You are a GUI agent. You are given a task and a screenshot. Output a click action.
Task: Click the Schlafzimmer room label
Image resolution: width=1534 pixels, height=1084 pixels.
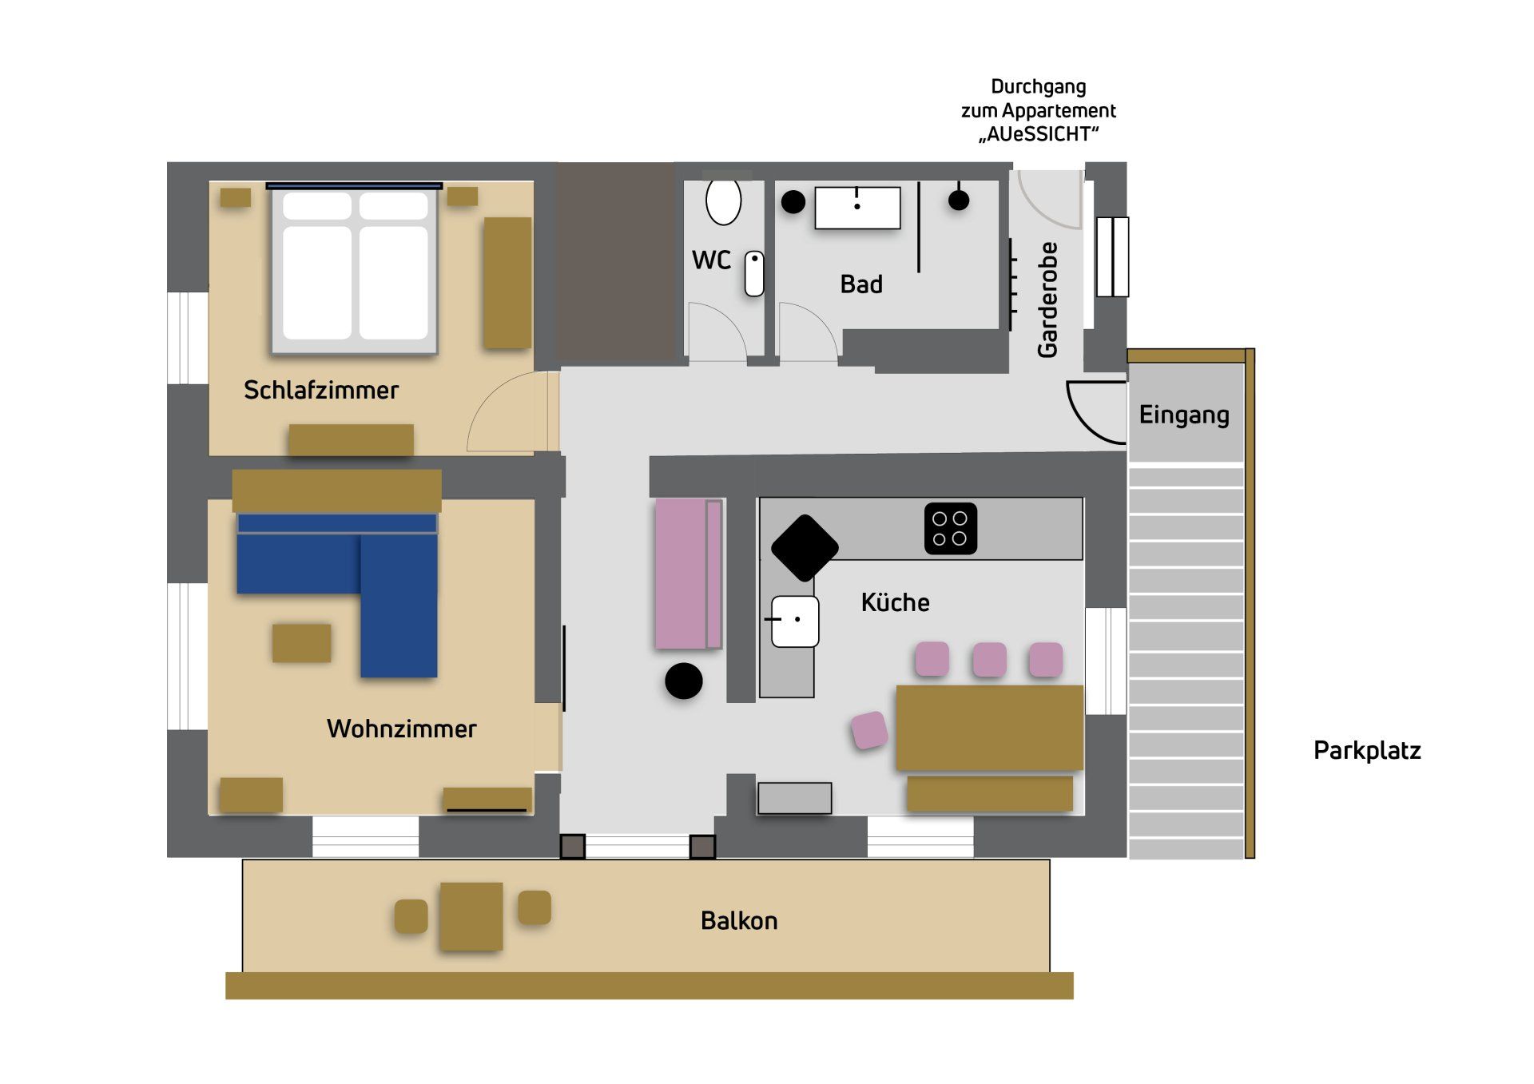[320, 390]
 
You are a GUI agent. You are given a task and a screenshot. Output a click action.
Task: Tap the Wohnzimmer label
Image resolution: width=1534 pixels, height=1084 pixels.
[401, 729]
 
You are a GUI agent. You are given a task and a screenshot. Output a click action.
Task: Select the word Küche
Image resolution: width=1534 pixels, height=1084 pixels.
[895, 602]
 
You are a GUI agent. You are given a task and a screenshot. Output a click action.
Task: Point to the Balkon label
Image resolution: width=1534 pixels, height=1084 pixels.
[739, 920]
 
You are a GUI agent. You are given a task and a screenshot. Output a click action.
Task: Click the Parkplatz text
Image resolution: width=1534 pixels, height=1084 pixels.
[1367, 751]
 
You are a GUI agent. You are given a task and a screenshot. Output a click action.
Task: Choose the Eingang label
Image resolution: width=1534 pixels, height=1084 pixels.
[1184, 415]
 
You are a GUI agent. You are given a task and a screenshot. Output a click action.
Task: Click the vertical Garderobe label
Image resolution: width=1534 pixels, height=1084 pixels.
[1047, 300]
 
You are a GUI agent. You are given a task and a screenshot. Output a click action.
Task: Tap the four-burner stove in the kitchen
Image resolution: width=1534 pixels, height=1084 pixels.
[951, 528]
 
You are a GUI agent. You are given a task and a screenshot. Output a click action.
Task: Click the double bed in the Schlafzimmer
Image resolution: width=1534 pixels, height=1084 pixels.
[355, 269]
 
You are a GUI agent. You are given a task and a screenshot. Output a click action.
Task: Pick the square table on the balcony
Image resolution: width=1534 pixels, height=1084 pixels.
[471, 915]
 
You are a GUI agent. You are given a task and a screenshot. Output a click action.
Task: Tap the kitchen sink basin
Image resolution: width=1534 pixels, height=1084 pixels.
[795, 621]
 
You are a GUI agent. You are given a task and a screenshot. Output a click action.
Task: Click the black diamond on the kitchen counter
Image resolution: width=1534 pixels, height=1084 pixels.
[805, 547]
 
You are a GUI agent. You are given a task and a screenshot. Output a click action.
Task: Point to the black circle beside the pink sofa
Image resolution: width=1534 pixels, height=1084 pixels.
[684, 681]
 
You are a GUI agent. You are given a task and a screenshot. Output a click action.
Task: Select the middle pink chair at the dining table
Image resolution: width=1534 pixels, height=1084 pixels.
[989, 659]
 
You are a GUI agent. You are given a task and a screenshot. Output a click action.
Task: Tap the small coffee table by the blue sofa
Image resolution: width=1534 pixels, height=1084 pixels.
[301, 643]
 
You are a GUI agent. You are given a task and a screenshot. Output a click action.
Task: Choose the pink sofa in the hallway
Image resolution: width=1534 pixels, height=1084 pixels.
[689, 574]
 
